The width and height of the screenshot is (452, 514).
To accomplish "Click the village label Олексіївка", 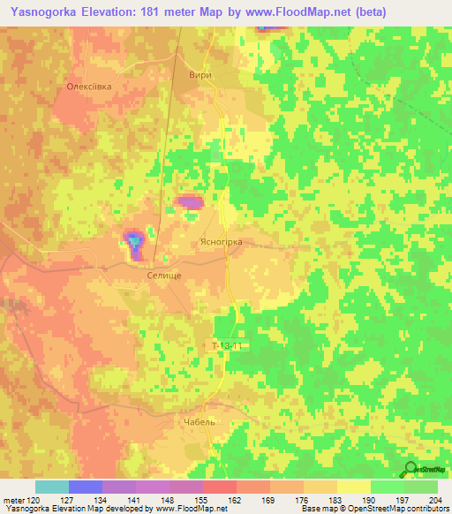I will coord(89,87).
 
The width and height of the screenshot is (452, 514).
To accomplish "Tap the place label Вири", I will coord(200,76).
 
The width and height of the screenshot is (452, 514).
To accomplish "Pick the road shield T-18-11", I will coord(227,345).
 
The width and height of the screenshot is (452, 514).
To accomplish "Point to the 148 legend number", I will coord(169,499).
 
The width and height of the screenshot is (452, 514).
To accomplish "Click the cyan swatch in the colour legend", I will coord(52,487).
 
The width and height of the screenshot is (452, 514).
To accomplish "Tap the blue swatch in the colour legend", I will coord(86,487).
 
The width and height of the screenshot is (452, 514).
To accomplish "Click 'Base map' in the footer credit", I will coord(320,510).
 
